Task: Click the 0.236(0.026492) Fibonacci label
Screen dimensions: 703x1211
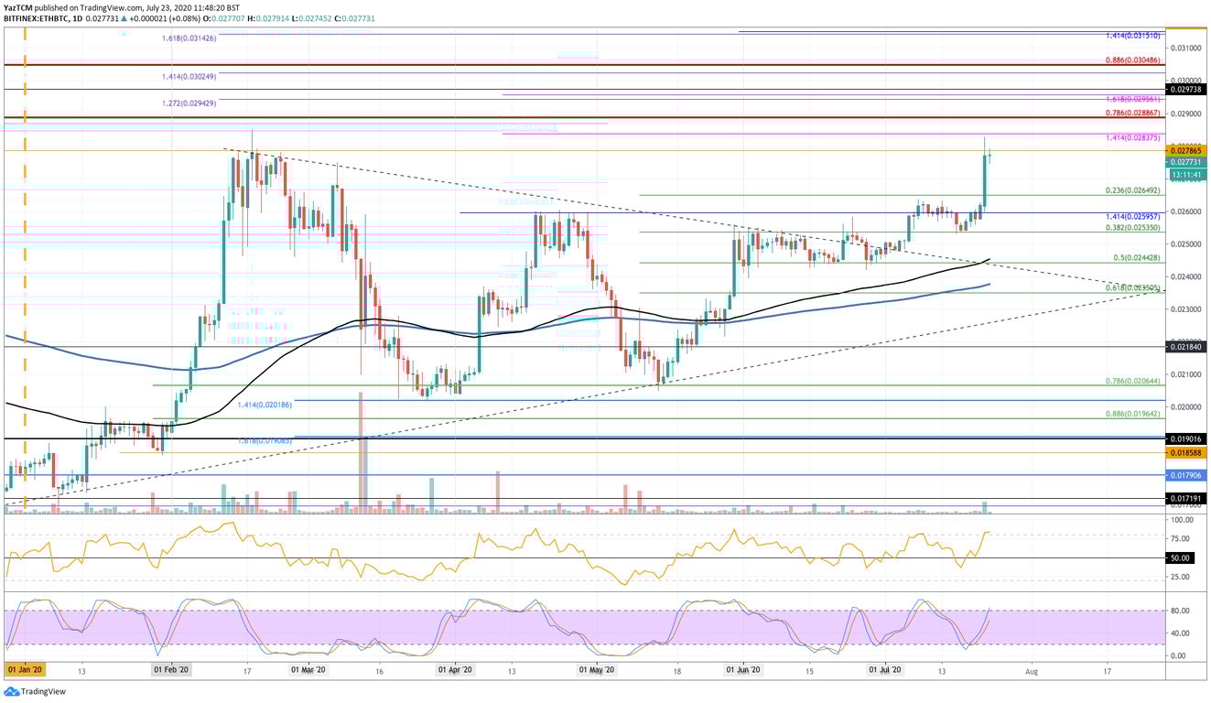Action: point(1133,191)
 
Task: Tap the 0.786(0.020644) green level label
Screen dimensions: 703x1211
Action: point(1133,381)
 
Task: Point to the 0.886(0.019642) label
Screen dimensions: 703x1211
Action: point(1133,414)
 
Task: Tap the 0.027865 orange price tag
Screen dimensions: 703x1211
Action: point(1186,150)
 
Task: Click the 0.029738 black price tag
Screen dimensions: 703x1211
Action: point(1186,90)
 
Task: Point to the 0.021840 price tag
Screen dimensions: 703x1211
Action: point(1186,347)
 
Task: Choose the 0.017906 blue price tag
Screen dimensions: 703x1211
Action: point(1186,475)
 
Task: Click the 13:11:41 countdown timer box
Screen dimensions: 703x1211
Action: point(1186,174)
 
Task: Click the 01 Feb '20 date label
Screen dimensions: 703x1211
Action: point(170,670)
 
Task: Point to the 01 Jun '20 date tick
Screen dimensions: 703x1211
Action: point(743,670)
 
